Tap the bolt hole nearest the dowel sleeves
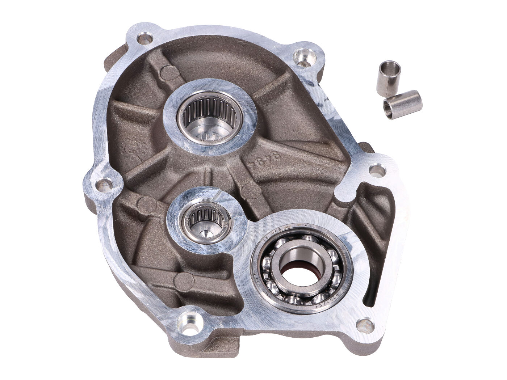click(x=303, y=55)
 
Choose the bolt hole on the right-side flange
click(x=377, y=170)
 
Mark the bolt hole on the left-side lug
click(x=105, y=186)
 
